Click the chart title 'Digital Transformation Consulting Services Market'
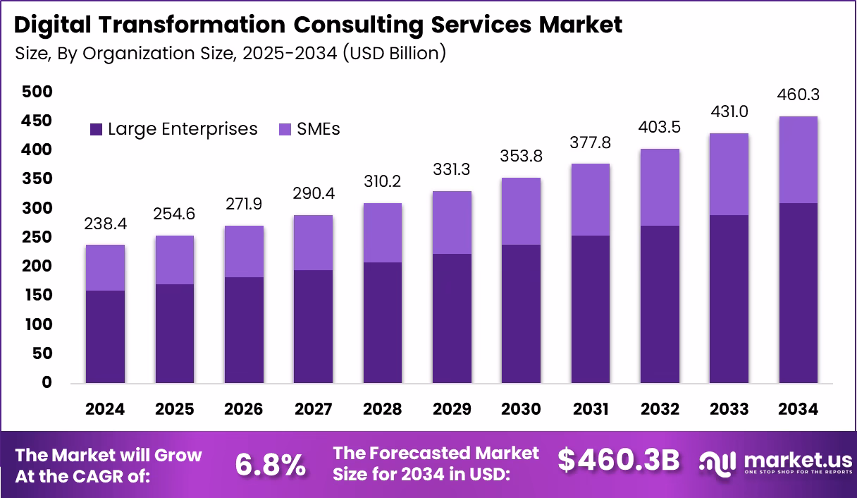318,25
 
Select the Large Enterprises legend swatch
96,130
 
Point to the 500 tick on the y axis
37,92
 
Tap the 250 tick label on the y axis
37,237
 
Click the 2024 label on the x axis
105,410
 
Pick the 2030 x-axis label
521,410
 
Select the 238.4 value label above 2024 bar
105,224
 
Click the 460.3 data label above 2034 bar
798,95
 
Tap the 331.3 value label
452,170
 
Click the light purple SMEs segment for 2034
798,159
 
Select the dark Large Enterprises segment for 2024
105,336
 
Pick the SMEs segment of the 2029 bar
452,222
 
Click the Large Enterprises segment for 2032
660,304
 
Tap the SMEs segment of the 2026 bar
244,251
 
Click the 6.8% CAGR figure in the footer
270,464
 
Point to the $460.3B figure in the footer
618,461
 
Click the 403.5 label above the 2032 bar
660,128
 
